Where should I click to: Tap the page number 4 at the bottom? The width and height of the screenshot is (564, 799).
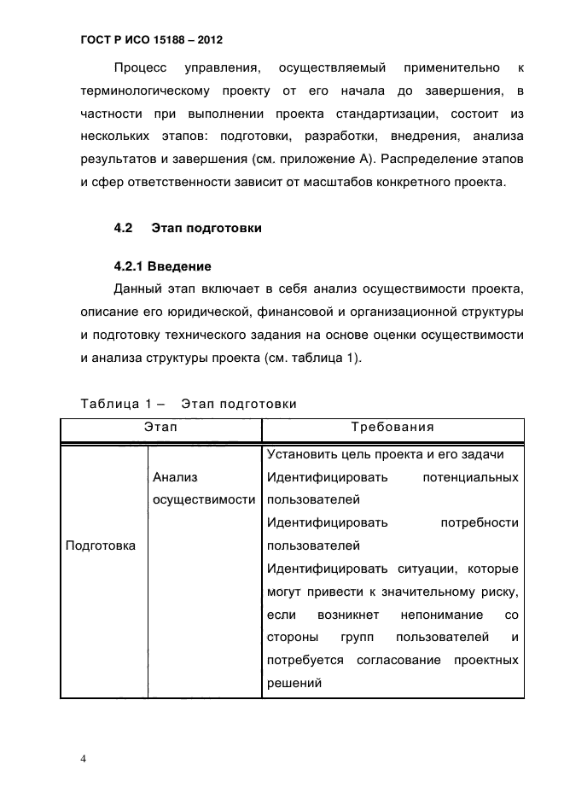(x=84, y=759)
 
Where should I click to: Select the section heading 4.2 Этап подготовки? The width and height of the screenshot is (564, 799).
(x=188, y=228)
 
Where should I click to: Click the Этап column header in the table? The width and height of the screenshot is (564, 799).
(x=160, y=427)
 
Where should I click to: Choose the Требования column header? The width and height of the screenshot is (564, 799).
(x=392, y=427)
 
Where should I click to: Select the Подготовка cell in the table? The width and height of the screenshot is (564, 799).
(x=101, y=545)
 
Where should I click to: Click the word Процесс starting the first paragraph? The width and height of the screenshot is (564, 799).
(x=141, y=67)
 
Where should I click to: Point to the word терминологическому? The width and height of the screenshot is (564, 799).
(x=142, y=90)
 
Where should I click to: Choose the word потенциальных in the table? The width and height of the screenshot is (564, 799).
(x=470, y=477)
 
